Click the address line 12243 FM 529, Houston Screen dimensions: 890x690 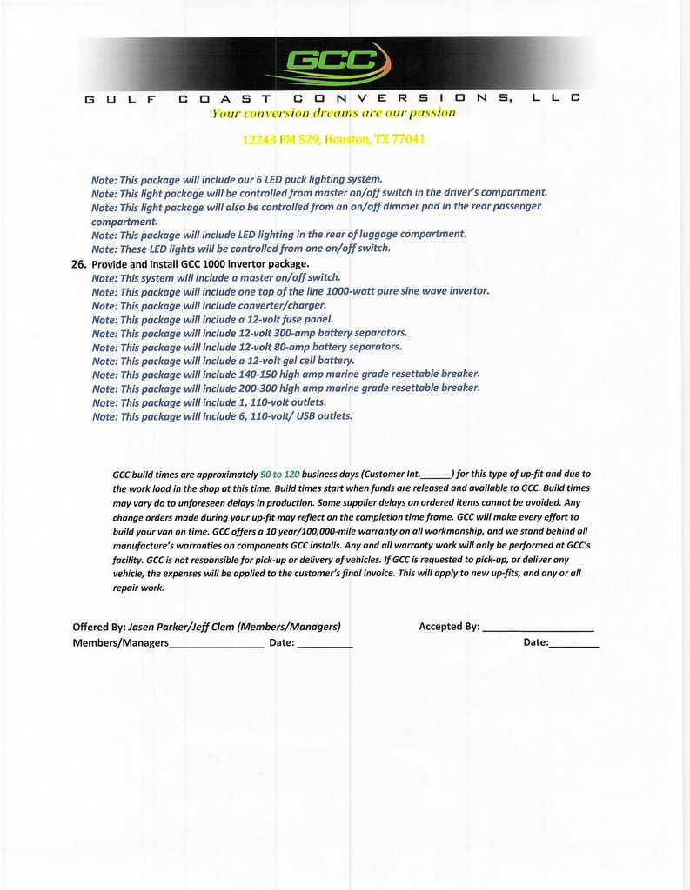333,139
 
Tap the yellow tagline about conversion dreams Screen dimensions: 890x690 333,113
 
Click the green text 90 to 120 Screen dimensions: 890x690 279,475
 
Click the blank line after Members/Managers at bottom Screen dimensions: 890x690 216,645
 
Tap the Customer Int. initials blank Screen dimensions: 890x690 436,475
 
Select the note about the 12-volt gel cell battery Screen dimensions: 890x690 223,361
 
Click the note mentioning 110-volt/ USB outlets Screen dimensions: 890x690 222,416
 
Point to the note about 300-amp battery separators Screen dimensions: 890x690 249,333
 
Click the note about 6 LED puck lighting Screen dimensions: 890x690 237,180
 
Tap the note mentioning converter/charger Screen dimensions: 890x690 209,305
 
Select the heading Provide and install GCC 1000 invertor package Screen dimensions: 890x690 200,263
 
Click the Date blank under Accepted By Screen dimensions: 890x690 573,644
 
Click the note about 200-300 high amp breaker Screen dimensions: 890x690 285,389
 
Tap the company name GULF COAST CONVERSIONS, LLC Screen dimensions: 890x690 332,99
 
